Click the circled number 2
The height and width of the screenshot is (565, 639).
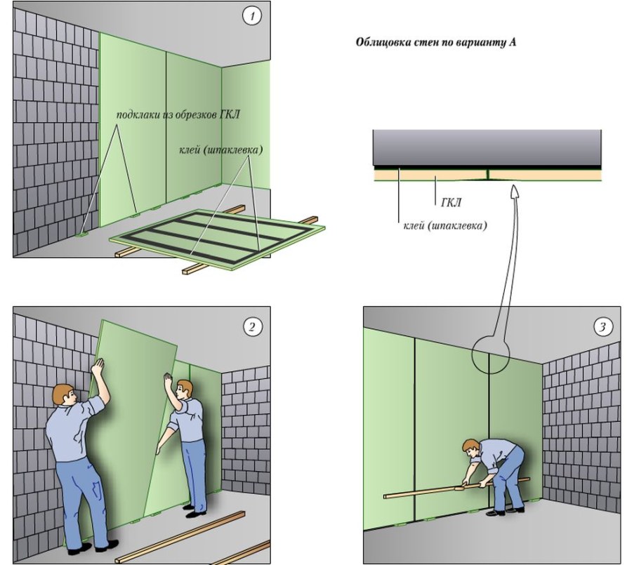coord(251,326)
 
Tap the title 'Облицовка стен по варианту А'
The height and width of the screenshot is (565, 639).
coord(437,42)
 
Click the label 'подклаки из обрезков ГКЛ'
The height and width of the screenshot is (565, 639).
coord(178,114)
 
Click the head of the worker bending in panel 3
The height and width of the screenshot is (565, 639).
coord(470,449)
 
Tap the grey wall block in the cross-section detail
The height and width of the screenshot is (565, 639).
coord(487,146)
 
